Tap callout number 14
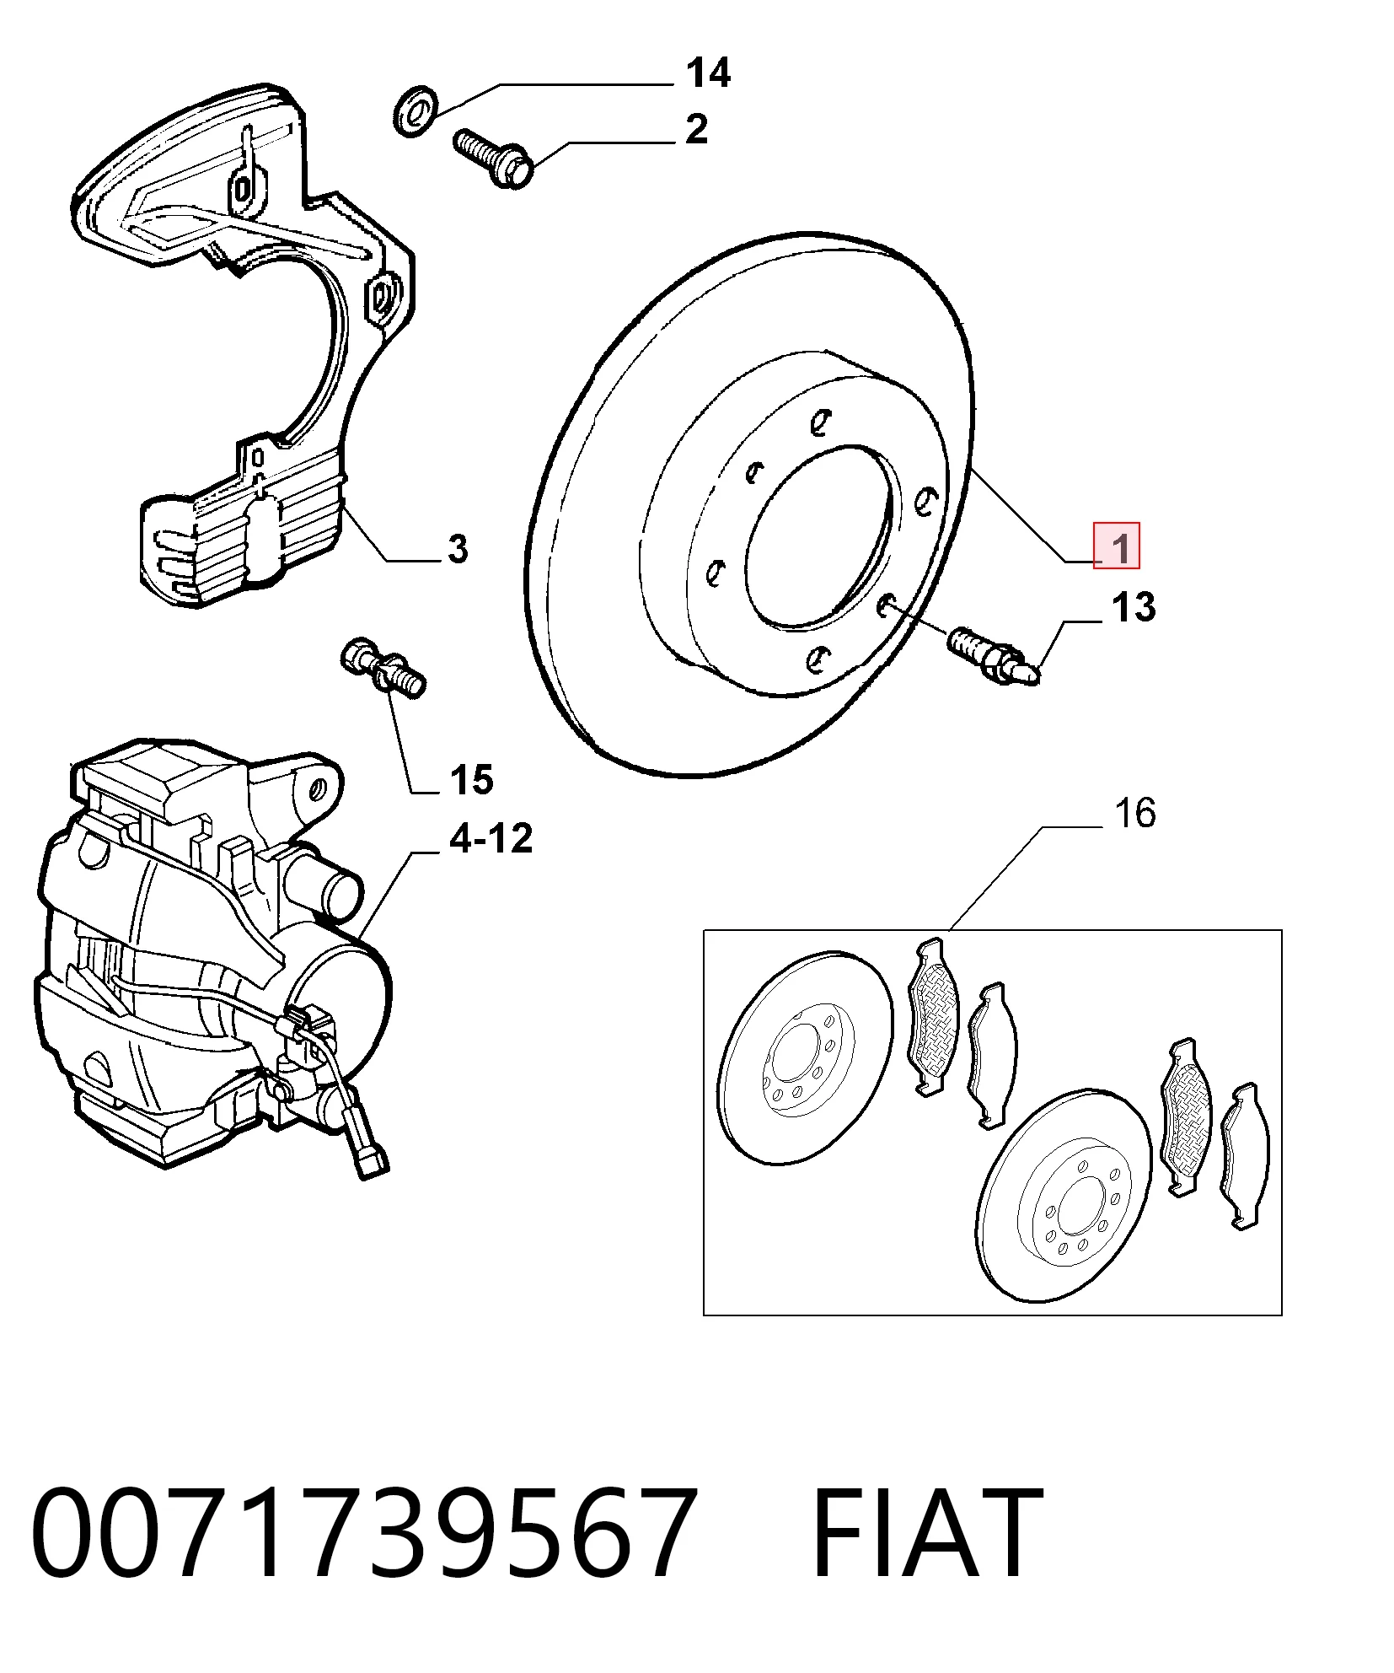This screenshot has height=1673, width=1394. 708,73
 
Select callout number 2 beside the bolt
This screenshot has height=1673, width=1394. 697,129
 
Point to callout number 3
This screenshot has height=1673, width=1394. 458,549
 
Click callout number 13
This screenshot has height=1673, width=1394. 1134,607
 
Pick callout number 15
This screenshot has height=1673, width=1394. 472,780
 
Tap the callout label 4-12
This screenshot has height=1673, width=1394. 491,839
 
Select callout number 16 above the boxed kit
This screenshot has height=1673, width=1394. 1134,813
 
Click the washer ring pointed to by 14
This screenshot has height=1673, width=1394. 414,110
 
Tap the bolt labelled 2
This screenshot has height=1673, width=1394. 493,158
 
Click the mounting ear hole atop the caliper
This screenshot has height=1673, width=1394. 317,790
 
